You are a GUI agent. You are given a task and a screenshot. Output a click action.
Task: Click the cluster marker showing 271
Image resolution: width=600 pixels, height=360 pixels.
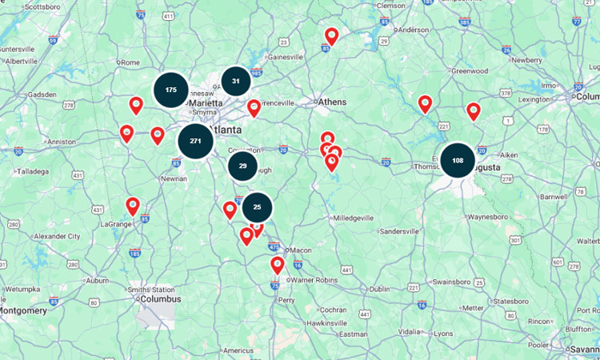[195, 141]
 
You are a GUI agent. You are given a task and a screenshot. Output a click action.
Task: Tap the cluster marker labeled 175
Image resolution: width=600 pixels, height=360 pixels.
[171, 90]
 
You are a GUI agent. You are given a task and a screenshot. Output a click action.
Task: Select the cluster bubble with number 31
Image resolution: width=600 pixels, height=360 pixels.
[236, 81]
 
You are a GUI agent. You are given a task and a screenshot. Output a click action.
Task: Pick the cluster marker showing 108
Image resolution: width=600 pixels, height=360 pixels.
[458, 160]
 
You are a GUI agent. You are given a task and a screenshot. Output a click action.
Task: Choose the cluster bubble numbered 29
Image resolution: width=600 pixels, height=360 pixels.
[242, 166]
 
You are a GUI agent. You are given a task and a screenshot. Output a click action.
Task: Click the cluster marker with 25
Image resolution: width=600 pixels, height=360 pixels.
[257, 207]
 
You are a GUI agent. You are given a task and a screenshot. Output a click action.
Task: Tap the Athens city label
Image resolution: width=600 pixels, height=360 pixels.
[333, 102]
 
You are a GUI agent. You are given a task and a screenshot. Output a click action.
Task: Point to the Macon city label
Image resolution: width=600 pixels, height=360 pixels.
[301, 250]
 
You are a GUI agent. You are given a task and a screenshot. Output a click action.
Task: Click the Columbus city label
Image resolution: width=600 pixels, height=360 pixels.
[160, 299]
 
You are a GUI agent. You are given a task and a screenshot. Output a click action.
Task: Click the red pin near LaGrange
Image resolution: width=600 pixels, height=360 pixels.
[133, 206]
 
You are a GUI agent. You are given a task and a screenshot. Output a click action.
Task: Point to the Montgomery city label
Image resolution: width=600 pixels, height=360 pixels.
[23, 310]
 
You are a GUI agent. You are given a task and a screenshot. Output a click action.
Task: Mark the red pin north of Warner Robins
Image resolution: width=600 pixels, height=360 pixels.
[277, 264]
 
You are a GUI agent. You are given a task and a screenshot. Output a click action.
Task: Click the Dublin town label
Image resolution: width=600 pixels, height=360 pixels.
[380, 289]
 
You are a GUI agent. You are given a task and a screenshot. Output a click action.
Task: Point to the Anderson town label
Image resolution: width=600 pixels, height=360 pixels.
[414, 30]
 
